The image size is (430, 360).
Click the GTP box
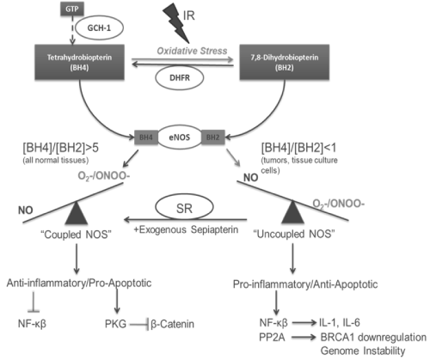(x=72, y=9)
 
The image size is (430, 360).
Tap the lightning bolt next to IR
(x=175, y=23)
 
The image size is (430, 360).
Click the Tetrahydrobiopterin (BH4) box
(x=79, y=62)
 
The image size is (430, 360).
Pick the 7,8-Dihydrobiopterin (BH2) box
(x=285, y=62)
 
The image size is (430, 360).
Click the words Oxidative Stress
(x=192, y=51)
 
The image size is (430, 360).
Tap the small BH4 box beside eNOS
(x=146, y=137)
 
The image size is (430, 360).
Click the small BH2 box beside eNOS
(x=213, y=137)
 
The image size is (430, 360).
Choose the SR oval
(x=184, y=208)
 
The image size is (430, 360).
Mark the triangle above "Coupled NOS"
(x=76, y=213)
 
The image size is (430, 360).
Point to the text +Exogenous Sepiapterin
(x=186, y=229)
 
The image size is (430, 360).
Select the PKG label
(x=115, y=324)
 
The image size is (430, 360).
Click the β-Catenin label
(x=172, y=324)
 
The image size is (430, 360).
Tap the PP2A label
(x=272, y=338)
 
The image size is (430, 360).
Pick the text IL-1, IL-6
(x=340, y=323)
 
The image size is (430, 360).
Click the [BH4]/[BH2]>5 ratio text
(x=60, y=148)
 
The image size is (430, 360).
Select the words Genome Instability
(x=363, y=351)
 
